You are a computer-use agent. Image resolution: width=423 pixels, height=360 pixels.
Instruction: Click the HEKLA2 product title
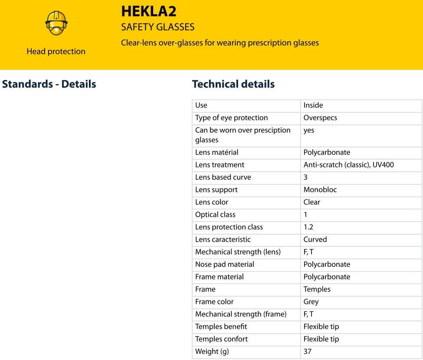point(148,11)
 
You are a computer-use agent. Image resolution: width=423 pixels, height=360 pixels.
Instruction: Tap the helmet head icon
point(56,23)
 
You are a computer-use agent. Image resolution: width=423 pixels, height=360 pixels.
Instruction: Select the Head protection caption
point(56,51)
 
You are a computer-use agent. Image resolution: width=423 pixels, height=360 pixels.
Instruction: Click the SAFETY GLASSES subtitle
point(157,27)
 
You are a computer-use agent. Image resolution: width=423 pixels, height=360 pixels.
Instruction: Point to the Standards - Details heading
point(49,84)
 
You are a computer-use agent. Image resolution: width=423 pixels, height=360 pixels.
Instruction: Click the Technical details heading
point(233,84)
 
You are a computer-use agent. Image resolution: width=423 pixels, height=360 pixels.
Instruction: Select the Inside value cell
point(313,105)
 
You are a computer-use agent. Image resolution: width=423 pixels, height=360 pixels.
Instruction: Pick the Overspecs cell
point(320,118)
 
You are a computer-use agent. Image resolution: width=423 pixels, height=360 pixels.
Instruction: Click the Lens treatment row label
point(220,165)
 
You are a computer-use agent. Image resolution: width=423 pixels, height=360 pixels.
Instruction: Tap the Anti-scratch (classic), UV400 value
point(349,165)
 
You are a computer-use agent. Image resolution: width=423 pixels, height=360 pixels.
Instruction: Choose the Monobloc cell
point(320,190)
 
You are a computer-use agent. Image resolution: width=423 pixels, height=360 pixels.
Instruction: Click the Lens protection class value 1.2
point(308,227)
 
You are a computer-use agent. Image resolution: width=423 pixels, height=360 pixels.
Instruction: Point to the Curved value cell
point(315,240)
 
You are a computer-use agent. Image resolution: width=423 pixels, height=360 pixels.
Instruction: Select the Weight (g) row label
point(212,352)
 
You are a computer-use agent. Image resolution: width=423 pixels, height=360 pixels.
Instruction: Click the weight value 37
point(308,352)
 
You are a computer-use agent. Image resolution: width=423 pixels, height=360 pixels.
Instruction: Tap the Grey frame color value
point(311,302)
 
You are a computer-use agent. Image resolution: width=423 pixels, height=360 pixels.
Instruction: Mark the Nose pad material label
point(225,265)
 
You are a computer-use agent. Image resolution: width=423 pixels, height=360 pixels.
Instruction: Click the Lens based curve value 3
point(305,177)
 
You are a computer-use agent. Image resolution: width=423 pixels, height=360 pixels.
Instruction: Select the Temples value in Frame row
point(317,289)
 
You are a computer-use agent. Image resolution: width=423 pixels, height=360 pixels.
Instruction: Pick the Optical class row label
point(215,215)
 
